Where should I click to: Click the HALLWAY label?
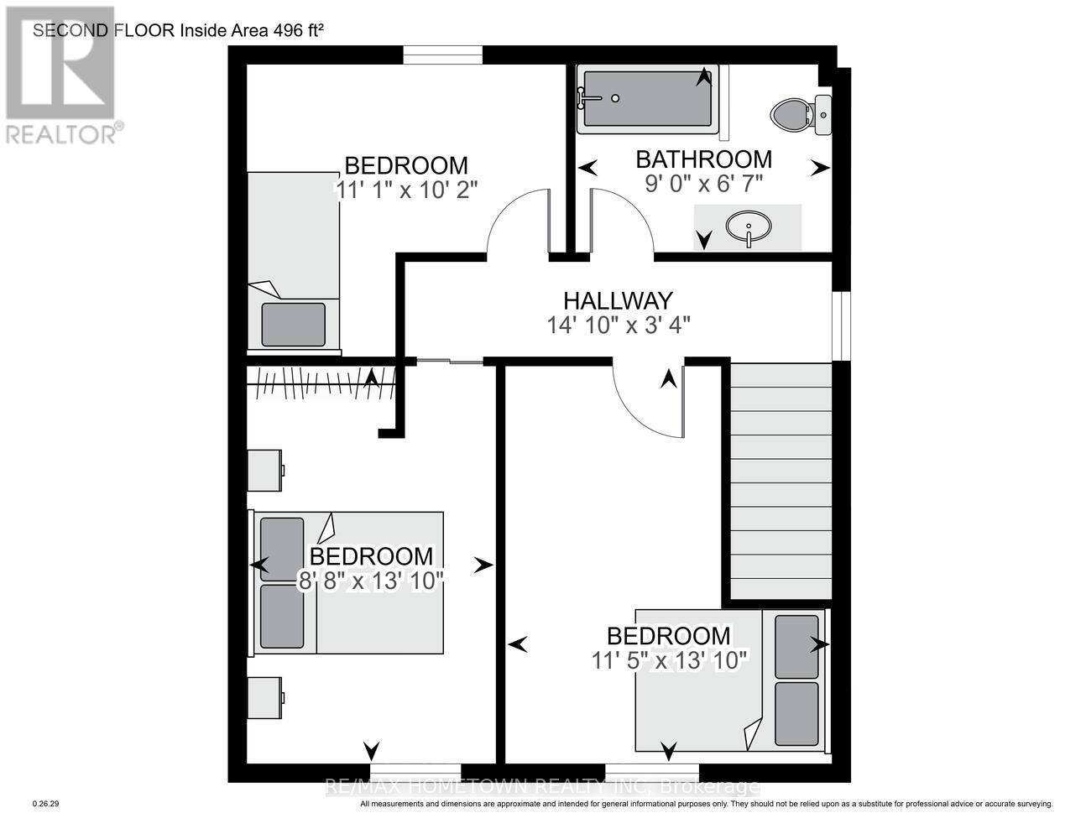click(617, 300)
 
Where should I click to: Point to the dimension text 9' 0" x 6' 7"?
click(704, 183)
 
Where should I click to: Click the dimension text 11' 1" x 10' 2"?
click(406, 190)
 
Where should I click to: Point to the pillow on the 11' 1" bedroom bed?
click(293, 324)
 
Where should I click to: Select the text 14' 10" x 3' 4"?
click(619, 325)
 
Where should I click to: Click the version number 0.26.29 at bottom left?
click(45, 804)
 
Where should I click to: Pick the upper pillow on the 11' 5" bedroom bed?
click(796, 647)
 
